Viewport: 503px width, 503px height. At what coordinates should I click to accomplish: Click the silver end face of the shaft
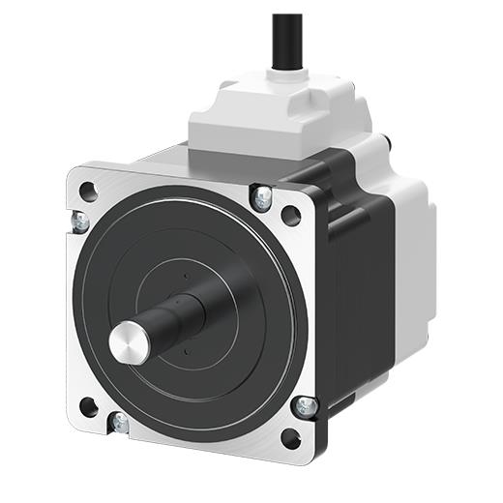pos(126,341)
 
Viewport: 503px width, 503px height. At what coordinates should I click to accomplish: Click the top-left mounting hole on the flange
pos(88,191)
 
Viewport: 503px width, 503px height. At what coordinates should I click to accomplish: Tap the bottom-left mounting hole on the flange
pos(88,405)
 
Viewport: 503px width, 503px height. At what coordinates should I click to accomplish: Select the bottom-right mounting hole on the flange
pos(290,437)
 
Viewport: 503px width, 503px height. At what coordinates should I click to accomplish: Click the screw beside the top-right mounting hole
pos(261,197)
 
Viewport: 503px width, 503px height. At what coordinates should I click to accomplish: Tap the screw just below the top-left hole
pos(80,222)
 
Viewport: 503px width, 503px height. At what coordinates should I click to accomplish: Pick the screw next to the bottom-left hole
pos(119,423)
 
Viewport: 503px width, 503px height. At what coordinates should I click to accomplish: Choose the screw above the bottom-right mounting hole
pos(305,406)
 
